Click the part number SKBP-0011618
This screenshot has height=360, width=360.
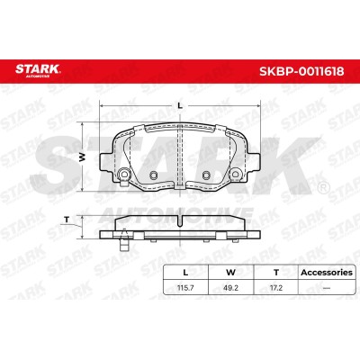click(x=301, y=72)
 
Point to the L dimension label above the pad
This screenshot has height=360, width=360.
click(x=180, y=105)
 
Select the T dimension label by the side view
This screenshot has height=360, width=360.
click(x=67, y=220)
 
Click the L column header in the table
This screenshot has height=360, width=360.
click(x=185, y=273)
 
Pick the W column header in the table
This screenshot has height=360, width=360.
click(x=230, y=273)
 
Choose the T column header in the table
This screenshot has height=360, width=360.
click(x=276, y=273)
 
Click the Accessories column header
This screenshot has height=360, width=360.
click(x=327, y=273)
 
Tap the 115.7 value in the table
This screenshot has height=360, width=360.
click(x=185, y=288)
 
